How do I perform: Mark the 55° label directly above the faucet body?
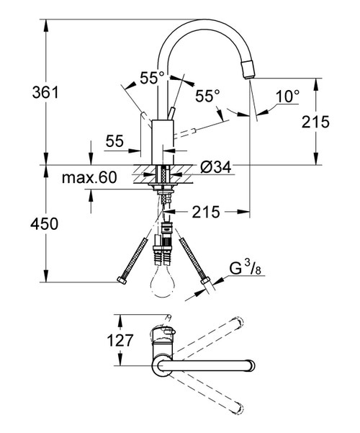[152, 78]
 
